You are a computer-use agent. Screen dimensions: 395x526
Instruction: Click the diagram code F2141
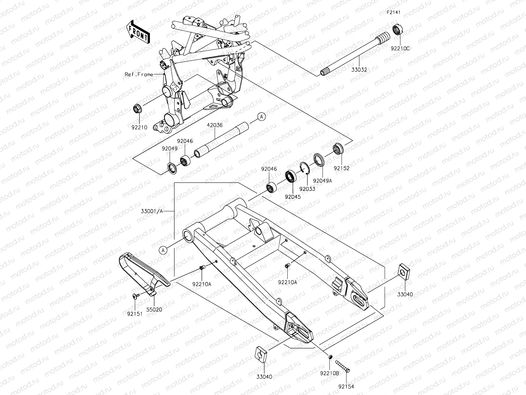coord(393,13)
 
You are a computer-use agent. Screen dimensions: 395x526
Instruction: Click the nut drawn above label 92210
coord(137,108)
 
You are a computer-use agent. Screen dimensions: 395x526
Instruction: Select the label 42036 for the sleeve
coord(215,125)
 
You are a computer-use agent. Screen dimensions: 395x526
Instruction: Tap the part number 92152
coord(342,168)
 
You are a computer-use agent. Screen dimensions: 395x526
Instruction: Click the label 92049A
coord(323,181)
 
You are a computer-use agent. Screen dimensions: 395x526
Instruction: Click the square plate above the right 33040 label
coord(403,270)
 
